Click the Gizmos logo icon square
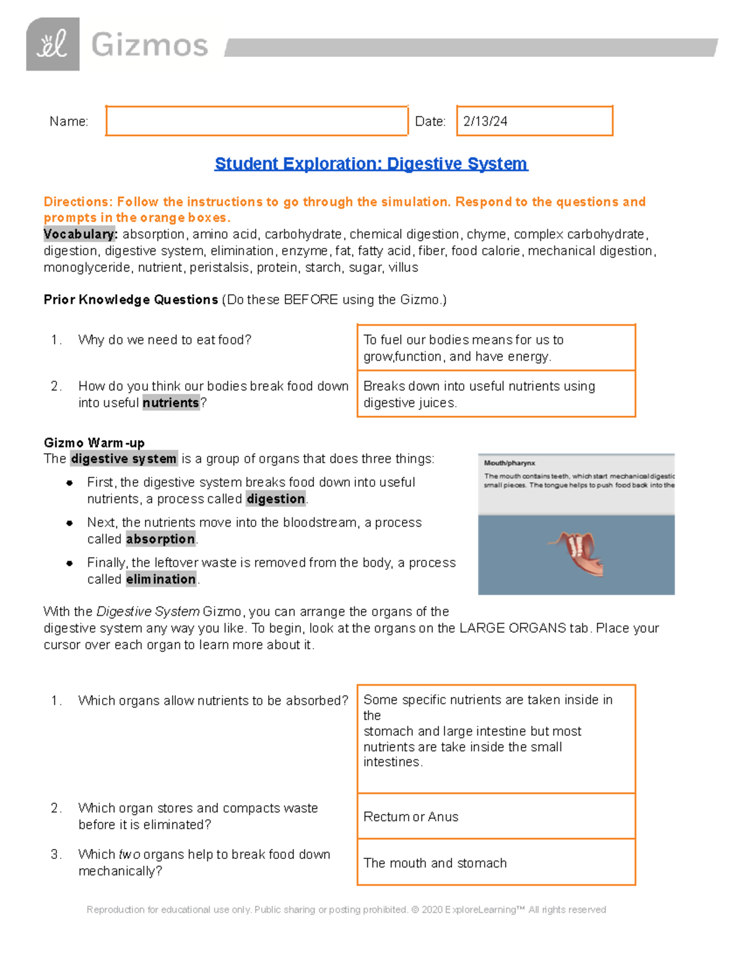[x=53, y=44]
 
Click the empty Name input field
[x=256, y=121]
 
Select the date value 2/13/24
[x=485, y=121]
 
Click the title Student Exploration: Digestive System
[x=371, y=163]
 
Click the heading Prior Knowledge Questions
[x=131, y=300]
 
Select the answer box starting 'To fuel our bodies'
[x=496, y=348]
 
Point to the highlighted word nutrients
[x=171, y=403]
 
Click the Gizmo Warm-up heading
[x=94, y=442]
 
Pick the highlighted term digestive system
[x=124, y=459]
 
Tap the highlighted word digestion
[x=276, y=499]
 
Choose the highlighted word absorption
[x=160, y=539]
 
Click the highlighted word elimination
[x=161, y=579]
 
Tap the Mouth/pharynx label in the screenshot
[x=510, y=463]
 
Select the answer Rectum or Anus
[x=411, y=817]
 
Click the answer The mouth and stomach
[x=435, y=863]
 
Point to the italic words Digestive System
[x=148, y=611]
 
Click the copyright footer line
[x=346, y=910]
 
